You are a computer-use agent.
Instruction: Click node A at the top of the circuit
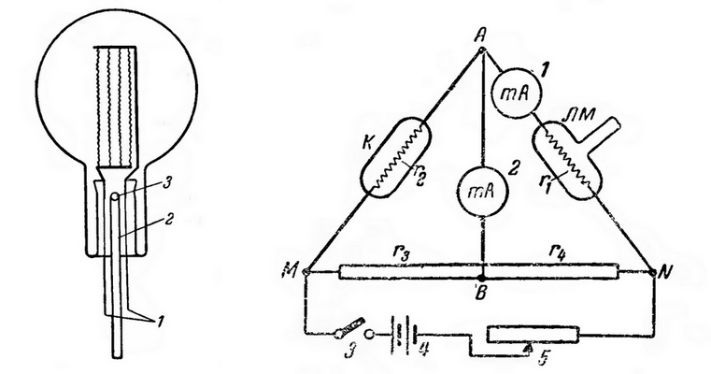tap(483, 50)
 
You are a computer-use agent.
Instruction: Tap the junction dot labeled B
tap(483, 277)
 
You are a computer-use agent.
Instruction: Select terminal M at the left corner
tap(306, 272)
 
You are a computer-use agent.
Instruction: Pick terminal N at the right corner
tap(653, 273)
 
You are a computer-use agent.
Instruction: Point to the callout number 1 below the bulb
tap(160, 323)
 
